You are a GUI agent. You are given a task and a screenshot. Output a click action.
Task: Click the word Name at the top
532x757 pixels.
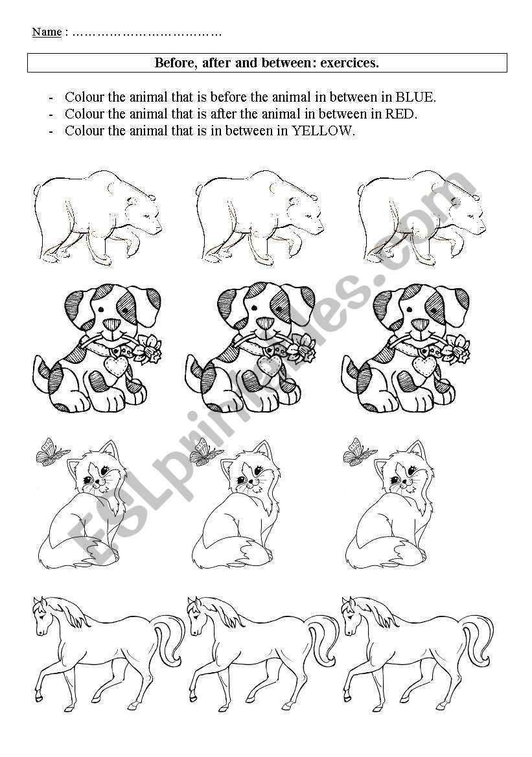tap(47, 32)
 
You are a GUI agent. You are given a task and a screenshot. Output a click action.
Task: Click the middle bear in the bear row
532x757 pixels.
tap(259, 217)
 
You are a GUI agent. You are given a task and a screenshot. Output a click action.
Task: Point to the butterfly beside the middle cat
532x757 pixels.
tap(206, 452)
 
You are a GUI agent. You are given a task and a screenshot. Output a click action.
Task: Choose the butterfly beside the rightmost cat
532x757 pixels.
tap(360, 452)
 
